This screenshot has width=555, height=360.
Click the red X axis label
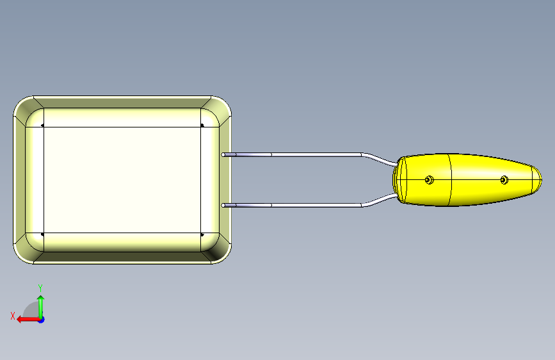click(x=12, y=315)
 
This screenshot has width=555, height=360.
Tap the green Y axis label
click(x=40, y=288)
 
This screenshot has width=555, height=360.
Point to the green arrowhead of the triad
click(x=40, y=298)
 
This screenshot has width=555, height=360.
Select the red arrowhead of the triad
click(x=20, y=319)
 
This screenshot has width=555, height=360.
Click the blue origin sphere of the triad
click(x=40, y=319)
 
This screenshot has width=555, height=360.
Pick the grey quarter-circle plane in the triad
click(x=31, y=311)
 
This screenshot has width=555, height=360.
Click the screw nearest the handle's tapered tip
click(x=504, y=180)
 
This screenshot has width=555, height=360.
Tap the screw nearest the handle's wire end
click(x=429, y=180)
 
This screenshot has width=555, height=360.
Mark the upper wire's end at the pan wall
click(x=223, y=154)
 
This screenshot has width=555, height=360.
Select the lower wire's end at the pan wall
click(x=223, y=205)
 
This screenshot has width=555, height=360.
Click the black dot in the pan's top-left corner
click(x=42, y=126)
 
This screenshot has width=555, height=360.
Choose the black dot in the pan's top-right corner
click(x=202, y=126)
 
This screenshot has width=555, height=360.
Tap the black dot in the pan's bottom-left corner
click(x=42, y=234)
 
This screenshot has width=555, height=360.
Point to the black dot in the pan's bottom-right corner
click(x=202, y=234)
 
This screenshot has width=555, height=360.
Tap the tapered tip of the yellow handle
click(x=540, y=179)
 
